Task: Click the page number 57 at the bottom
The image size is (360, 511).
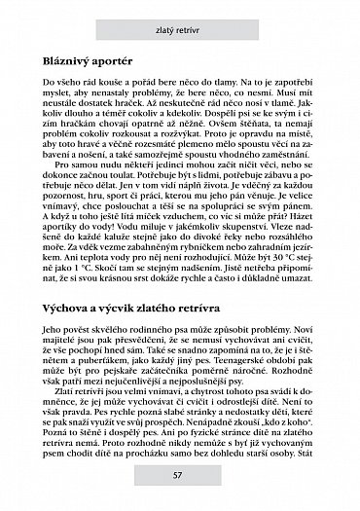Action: (x=180, y=501)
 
